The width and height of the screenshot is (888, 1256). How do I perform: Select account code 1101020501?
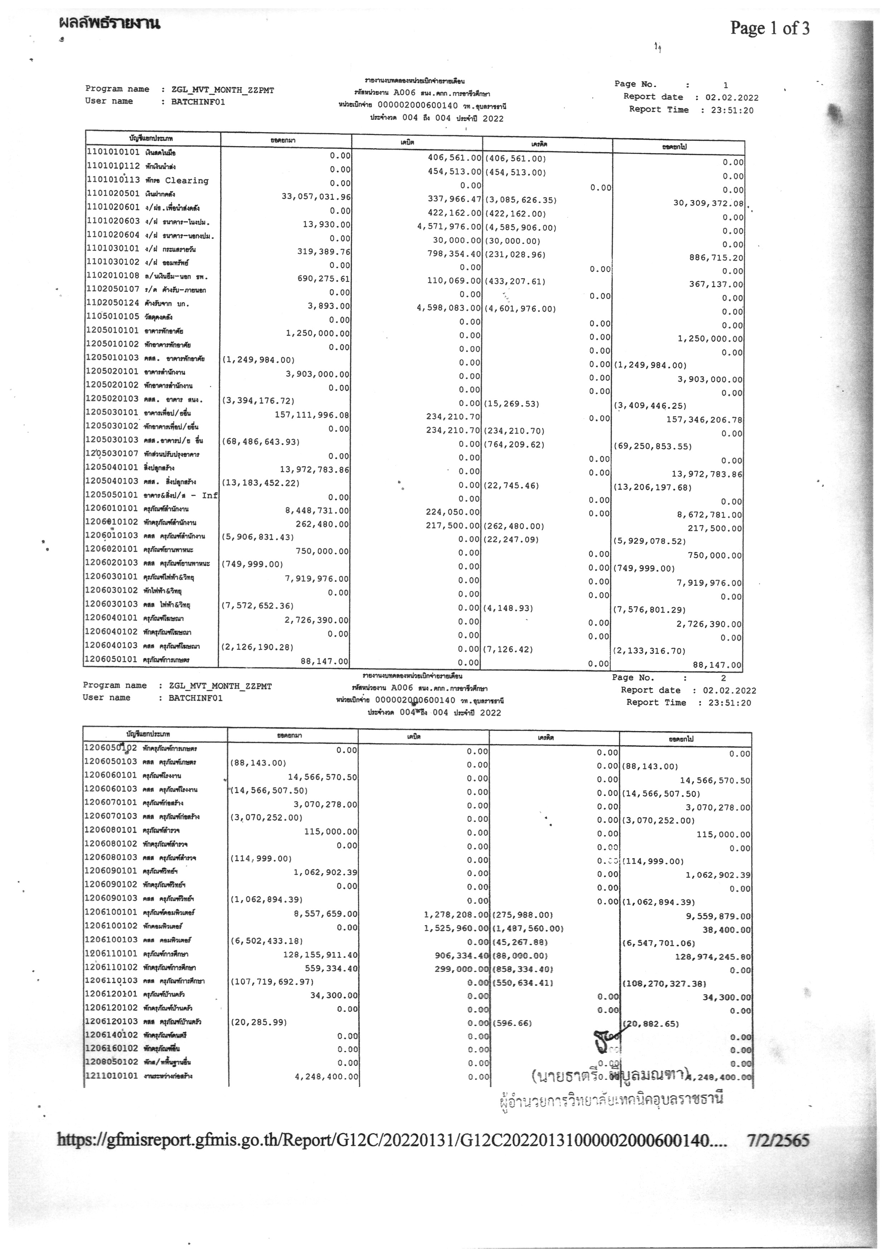[113, 194]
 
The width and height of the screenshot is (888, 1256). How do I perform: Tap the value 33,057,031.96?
[316, 197]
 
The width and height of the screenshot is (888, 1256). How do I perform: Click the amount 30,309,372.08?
[708, 203]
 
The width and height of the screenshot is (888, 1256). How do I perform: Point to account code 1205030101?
[113, 412]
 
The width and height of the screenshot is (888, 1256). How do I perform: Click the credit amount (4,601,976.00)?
[520, 309]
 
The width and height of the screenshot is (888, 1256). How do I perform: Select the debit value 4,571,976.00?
[449, 227]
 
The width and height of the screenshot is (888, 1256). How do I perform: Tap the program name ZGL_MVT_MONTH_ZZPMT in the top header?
[223, 90]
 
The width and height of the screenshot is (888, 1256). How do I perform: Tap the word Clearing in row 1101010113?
[186, 180]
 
